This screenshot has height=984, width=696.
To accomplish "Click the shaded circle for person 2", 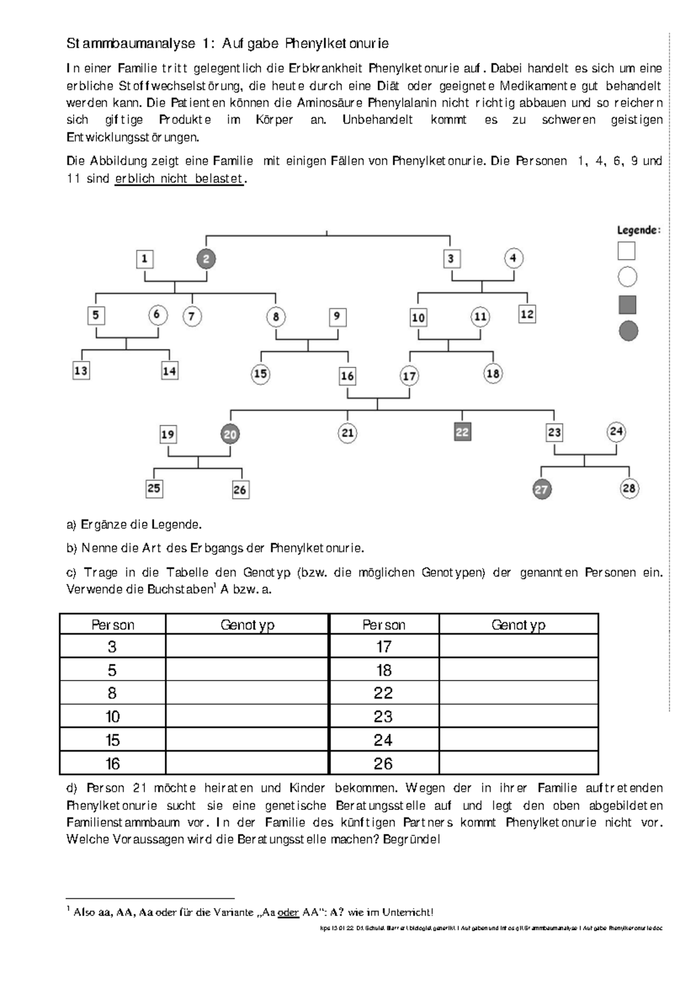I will (206, 259).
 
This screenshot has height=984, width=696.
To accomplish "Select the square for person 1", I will (144, 259).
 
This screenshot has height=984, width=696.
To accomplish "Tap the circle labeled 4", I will (513, 258).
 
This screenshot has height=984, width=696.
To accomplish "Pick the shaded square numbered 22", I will (462, 432).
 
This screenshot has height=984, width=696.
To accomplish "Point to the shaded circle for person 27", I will (541, 489).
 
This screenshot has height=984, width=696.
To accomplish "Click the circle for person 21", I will (347, 433).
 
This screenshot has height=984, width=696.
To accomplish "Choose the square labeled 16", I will (347, 376).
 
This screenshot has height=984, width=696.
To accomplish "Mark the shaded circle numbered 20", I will (230, 434).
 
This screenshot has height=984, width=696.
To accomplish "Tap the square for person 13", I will (81, 371).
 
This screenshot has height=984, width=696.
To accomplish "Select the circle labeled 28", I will (629, 489).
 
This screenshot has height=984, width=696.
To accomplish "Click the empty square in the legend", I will (626, 251).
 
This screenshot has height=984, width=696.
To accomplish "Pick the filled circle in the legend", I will (628, 331).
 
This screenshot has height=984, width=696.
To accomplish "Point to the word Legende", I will (638, 230).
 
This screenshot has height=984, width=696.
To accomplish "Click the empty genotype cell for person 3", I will (246, 646).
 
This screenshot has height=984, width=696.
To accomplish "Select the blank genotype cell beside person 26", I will (518, 763).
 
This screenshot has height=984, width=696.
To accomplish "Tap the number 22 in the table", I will (383, 693).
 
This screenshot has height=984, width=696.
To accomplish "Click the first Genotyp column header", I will (247, 625).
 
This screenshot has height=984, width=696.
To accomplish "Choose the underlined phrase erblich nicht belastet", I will (179, 179).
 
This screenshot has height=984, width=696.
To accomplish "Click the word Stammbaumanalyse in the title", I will (130, 44).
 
